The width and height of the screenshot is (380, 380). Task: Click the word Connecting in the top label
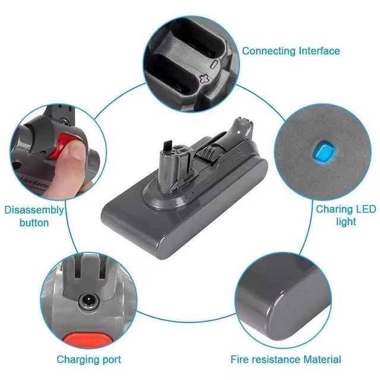[269, 51]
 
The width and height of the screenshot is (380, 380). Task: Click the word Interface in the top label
[319, 51]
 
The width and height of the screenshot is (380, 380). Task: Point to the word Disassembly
[34, 210]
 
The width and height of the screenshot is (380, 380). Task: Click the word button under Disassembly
[34, 223]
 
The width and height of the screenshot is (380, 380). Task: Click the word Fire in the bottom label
[240, 359]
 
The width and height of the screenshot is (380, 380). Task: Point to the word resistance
[276, 359]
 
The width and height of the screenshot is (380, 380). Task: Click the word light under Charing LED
[346, 221]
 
